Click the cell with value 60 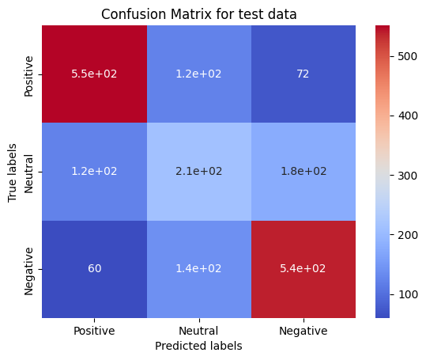pyautogui.click(x=94, y=269)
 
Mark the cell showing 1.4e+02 pyautogui.click(x=199, y=269)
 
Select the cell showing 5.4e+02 pyautogui.click(x=303, y=269)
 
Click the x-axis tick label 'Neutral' pyautogui.click(x=199, y=331)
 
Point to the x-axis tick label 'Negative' pyautogui.click(x=303, y=331)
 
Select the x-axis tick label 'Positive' pyautogui.click(x=94, y=331)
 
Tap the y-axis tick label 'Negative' pyautogui.click(x=30, y=270)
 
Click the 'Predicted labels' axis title pyautogui.click(x=199, y=346)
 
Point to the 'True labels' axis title pyautogui.click(x=13, y=172)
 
